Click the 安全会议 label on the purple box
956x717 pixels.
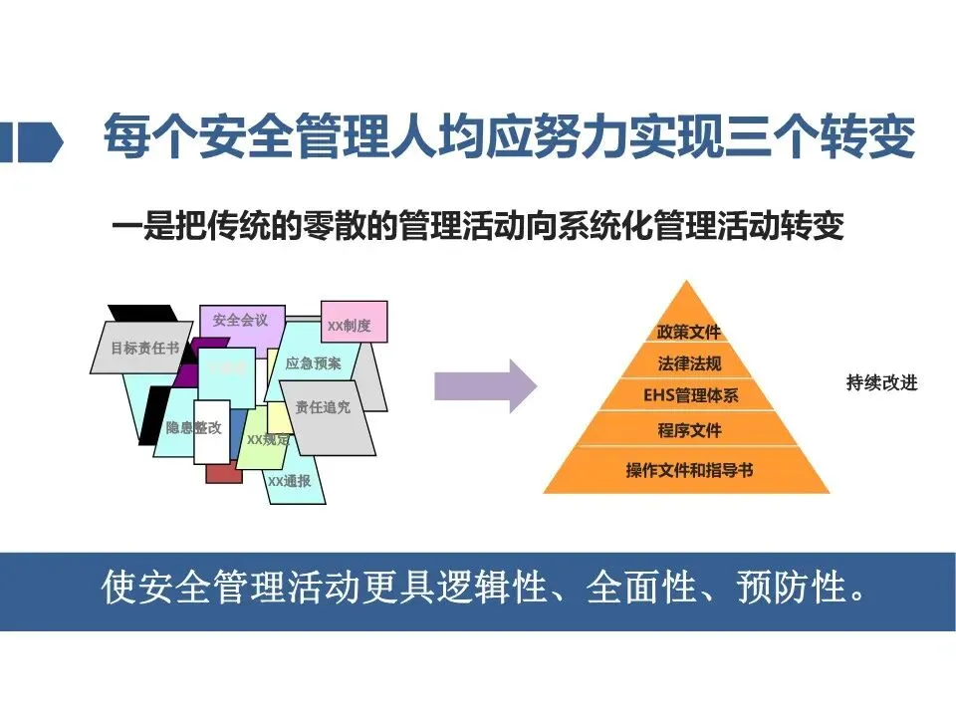tap(241, 321)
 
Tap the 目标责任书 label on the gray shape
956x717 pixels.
tap(145, 349)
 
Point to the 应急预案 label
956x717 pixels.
tap(313, 363)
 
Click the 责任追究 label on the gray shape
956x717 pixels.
tap(323, 407)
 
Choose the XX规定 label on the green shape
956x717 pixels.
tap(267, 438)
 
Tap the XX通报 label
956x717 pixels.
tap(289, 481)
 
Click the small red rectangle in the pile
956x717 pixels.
tap(224, 474)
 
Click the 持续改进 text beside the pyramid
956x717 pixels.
tap(881, 383)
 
